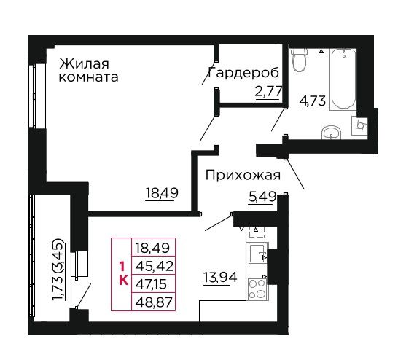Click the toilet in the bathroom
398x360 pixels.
click(x=300, y=59)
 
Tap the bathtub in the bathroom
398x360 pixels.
click(x=343, y=79)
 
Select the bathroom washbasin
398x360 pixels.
click(x=331, y=132)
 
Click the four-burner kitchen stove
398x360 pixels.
click(x=257, y=289)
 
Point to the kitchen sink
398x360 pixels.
click(x=257, y=254)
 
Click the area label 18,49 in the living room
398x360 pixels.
click(x=162, y=193)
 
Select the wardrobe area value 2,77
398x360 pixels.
click(x=269, y=92)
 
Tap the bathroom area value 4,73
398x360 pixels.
click(x=312, y=101)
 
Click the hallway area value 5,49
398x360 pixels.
click(x=262, y=196)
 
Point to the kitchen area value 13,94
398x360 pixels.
click(x=220, y=278)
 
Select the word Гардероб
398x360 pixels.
click(x=243, y=73)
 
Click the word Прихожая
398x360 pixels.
click(x=243, y=176)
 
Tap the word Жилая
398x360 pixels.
click(x=84, y=63)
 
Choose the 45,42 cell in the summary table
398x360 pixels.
click(x=154, y=265)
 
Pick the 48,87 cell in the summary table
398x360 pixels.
click(x=154, y=302)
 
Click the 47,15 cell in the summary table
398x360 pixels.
click(x=154, y=284)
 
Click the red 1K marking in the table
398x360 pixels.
click(x=123, y=274)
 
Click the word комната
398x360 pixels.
click(x=89, y=77)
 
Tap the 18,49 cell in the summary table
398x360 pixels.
click(x=154, y=247)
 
